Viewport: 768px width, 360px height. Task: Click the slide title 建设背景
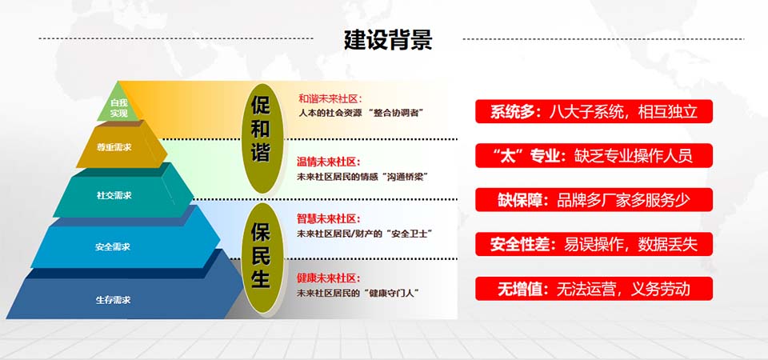(x=387, y=39)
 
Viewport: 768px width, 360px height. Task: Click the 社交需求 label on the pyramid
(x=114, y=194)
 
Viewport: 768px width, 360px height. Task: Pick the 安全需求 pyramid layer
(x=112, y=246)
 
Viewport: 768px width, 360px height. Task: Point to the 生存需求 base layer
(x=113, y=299)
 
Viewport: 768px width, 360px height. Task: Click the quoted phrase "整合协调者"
(x=395, y=113)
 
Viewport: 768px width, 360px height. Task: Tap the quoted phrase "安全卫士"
(x=406, y=234)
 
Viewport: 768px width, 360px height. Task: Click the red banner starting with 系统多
(x=594, y=111)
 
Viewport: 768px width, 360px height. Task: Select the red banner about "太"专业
(x=594, y=155)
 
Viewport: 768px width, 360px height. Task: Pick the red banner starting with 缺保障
(x=594, y=199)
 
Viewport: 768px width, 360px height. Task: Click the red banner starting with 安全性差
(x=594, y=244)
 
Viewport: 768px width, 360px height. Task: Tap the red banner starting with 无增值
(x=594, y=288)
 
